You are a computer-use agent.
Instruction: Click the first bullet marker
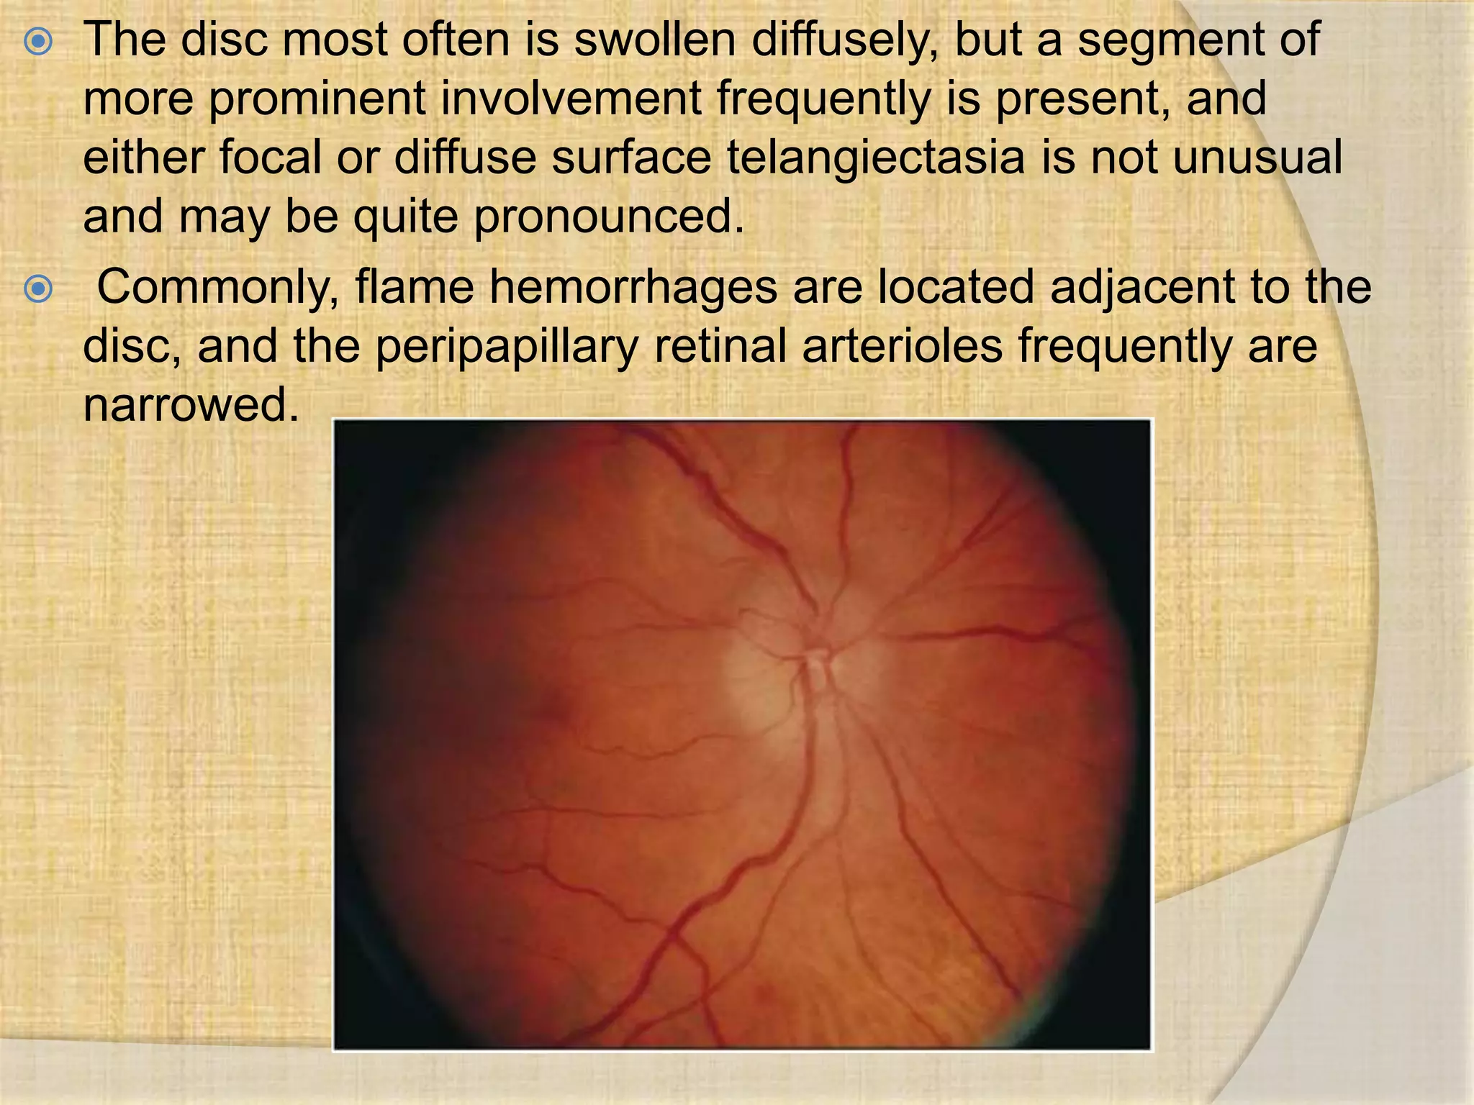pos(37,42)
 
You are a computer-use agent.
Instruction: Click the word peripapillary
pos(507,347)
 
